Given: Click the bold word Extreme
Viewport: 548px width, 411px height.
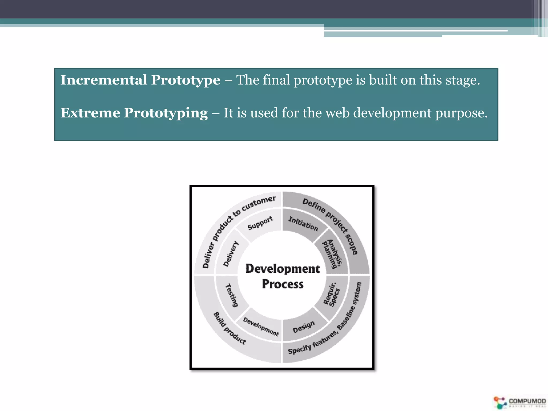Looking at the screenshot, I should pos(90,113).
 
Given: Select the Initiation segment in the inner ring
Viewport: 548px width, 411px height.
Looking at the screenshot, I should pos(303,224).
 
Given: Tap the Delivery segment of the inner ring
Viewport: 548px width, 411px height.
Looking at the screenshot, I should pos(231,254).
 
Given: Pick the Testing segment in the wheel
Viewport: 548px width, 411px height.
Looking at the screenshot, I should pos(231,295).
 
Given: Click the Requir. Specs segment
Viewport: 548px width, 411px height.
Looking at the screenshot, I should pos(332,294).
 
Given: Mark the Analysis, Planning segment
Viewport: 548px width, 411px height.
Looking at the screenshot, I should pos(332,254).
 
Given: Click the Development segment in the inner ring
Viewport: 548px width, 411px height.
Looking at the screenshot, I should pos(261,327).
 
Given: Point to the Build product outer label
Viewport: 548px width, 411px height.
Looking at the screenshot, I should pos(229,328).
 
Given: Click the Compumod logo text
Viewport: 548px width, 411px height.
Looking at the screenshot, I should pos(527,401).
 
